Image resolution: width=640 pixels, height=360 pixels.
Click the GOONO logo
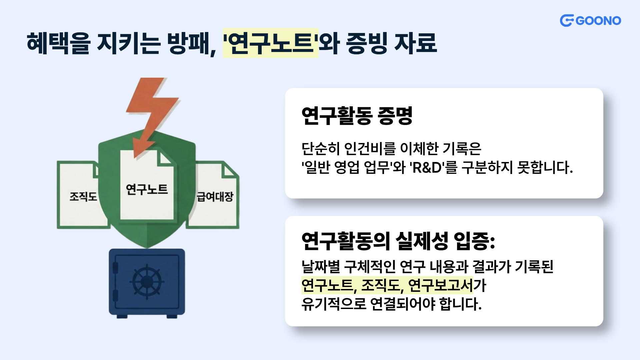click(x=590, y=21)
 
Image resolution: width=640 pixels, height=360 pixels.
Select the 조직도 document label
click(x=83, y=197)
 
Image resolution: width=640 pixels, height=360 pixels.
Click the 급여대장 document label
click(x=215, y=197)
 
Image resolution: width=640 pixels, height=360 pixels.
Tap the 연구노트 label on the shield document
click(x=147, y=189)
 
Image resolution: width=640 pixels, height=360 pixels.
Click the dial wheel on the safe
click(x=147, y=282)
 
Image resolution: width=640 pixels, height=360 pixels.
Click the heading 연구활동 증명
click(x=357, y=116)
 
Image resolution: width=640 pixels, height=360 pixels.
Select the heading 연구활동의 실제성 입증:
click(x=398, y=241)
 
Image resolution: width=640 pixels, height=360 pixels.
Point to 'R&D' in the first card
click(x=427, y=167)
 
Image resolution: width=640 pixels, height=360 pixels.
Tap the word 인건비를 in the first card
click(x=369, y=149)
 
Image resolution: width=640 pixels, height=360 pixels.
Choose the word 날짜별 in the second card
click(x=320, y=267)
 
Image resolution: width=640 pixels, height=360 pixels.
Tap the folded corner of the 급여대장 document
click(x=229, y=170)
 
